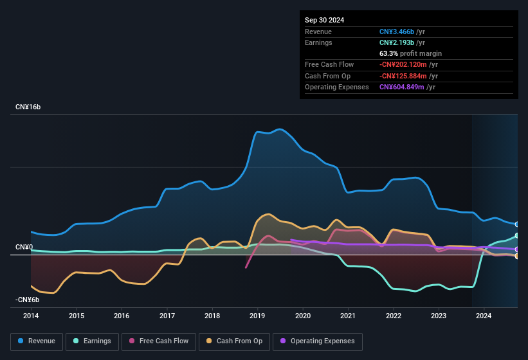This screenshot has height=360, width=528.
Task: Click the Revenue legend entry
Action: click(x=37, y=341)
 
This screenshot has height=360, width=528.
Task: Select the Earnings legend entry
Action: click(x=93, y=341)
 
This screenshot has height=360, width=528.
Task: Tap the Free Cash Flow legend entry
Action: click(x=159, y=341)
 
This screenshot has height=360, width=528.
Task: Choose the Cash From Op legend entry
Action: click(x=235, y=341)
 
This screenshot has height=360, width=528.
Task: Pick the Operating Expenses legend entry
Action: click(x=318, y=341)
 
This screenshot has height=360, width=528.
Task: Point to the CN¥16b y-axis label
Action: click(x=28, y=107)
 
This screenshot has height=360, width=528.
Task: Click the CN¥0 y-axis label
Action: click(x=24, y=247)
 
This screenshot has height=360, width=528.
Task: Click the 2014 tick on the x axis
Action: click(x=31, y=316)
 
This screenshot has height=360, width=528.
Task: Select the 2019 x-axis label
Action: click(x=257, y=316)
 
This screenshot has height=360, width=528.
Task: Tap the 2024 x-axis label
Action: click(x=484, y=316)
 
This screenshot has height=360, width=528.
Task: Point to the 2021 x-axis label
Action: click(x=348, y=316)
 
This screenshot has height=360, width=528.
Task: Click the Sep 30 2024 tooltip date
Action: click(x=324, y=20)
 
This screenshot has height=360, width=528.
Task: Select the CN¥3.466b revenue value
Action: click(x=397, y=32)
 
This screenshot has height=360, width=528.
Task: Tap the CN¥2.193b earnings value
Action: click(x=397, y=42)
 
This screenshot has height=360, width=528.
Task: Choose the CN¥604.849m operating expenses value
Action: click(x=401, y=87)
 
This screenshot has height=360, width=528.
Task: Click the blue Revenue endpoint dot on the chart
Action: click(x=517, y=224)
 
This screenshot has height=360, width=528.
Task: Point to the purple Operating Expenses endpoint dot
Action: click(x=517, y=249)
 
